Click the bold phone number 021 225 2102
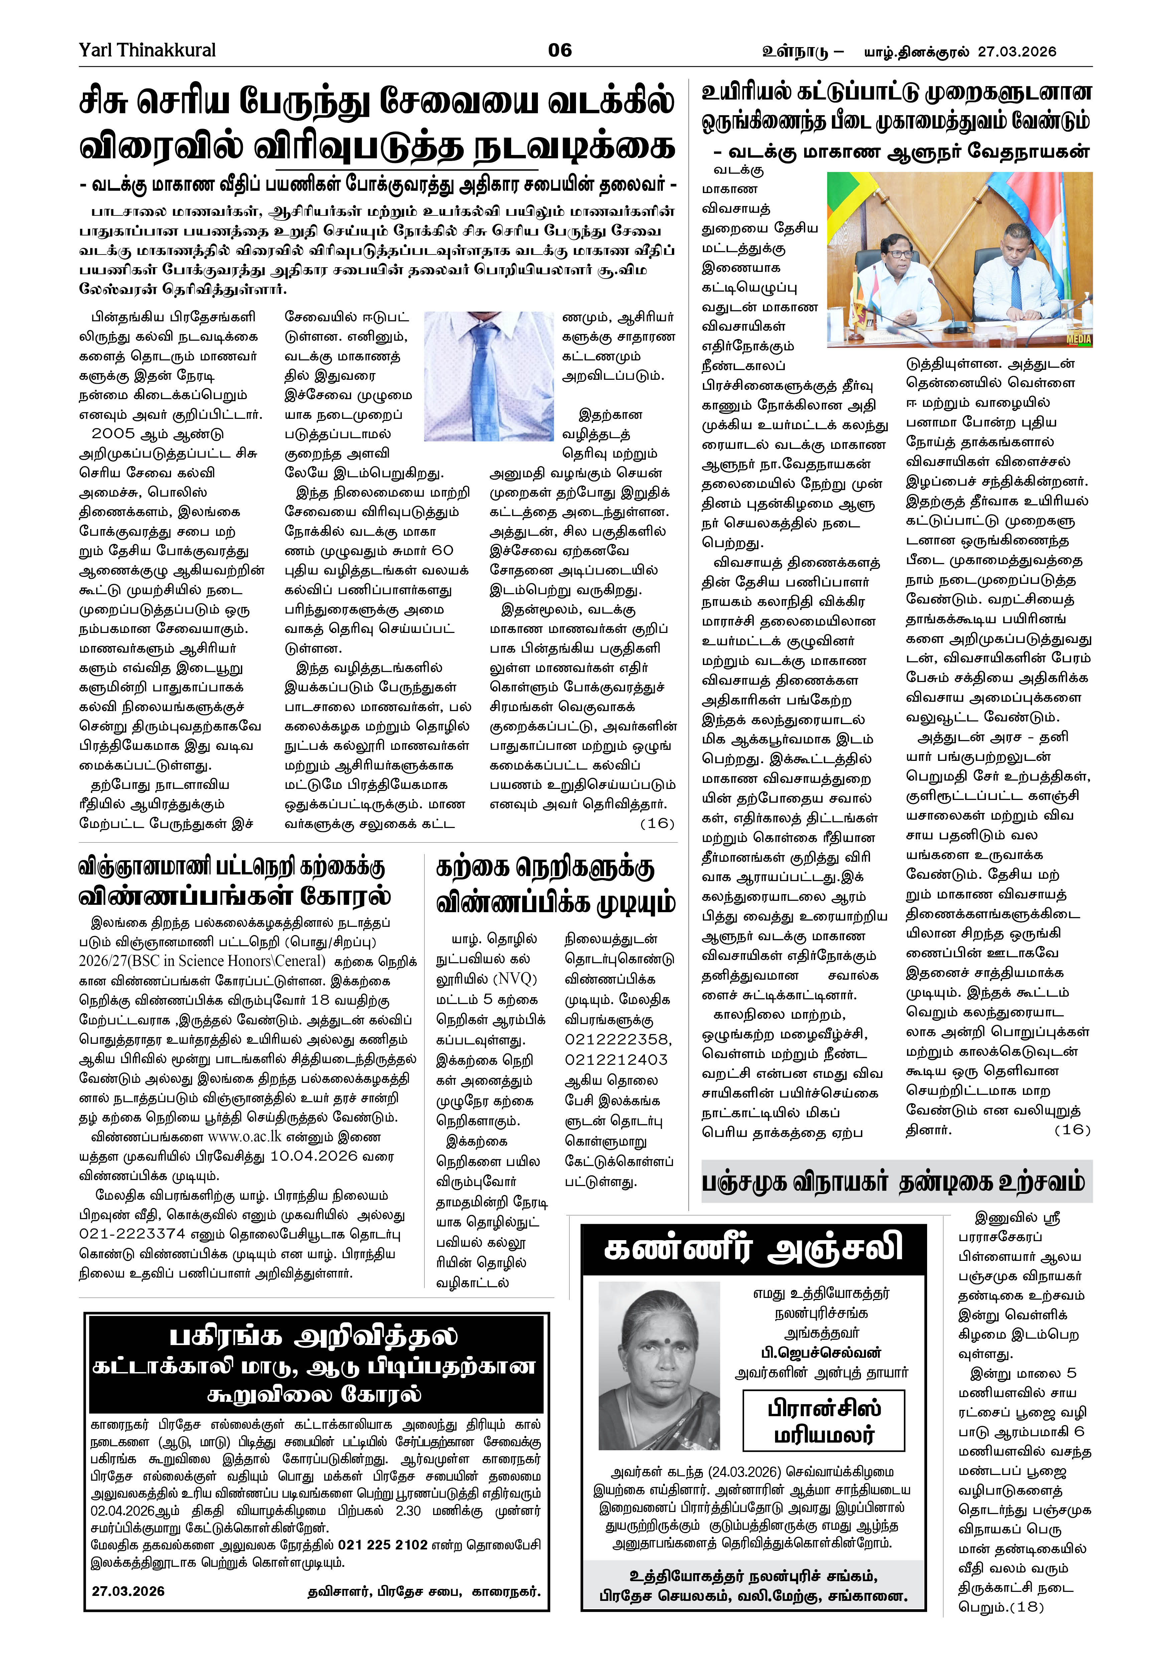[383, 1545]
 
